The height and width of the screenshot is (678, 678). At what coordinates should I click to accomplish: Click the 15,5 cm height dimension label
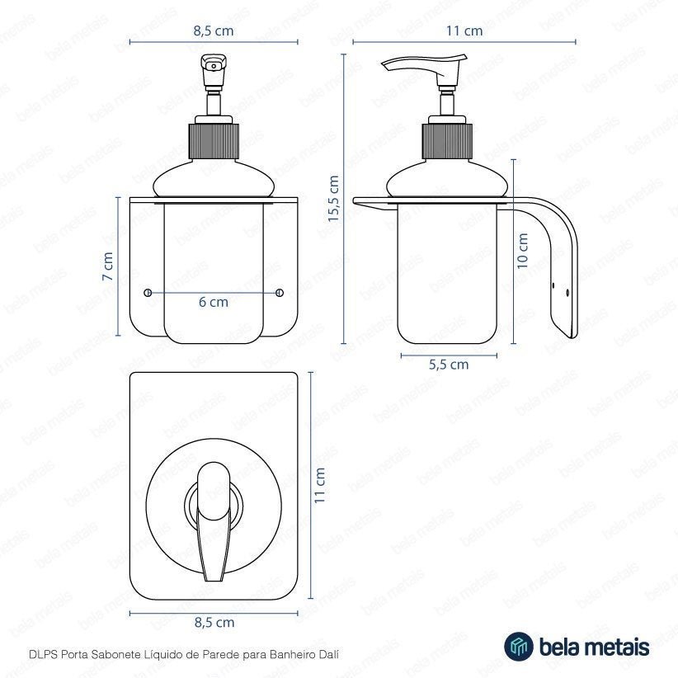click(333, 199)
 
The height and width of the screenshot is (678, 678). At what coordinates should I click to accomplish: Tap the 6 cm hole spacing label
click(214, 302)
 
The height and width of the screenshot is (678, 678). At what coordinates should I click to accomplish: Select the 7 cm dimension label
click(108, 266)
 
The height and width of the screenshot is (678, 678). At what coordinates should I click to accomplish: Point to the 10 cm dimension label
click(523, 252)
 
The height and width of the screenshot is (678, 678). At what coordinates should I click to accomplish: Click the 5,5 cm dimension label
click(449, 365)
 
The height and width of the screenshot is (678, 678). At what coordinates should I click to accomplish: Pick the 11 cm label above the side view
click(464, 31)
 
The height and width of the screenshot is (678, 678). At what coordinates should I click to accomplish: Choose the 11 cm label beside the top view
click(319, 485)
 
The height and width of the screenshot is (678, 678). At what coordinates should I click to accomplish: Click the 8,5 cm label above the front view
click(214, 31)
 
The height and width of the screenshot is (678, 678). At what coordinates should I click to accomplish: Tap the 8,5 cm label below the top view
click(214, 622)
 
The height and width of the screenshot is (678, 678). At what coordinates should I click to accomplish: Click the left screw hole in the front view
click(148, 293)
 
